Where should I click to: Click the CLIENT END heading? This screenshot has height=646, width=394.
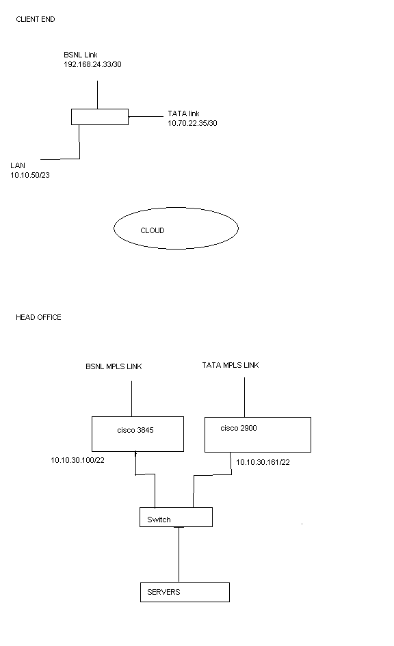tap(36, 19)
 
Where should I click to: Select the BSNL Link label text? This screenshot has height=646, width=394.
tap(80, 55)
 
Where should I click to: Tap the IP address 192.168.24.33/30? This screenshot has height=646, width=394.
tap(92, 64)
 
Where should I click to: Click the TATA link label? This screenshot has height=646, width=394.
tap(183, 113)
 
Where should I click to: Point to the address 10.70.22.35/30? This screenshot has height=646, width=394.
tap(192, 123)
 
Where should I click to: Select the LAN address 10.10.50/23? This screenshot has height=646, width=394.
tap(30, 175)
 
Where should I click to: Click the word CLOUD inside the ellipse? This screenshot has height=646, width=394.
tap(153, 230)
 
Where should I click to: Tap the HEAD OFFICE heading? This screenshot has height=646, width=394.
tap(38, 317)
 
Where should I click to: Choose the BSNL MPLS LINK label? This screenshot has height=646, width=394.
tap(114, 366)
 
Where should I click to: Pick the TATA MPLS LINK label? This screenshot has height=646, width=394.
tap(231, 365)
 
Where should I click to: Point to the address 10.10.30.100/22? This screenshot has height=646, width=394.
tap(77, 460)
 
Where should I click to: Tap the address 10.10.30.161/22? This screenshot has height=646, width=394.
tap(263, 462)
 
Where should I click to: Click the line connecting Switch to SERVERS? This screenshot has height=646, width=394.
tap(179, 554)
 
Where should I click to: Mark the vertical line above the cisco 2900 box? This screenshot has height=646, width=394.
tap(244, 397)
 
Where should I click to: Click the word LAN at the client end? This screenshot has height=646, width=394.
tap(18, 165)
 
